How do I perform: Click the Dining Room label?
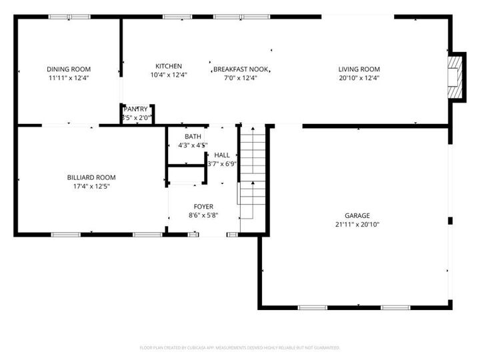pos(69,69)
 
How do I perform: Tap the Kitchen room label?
pos(169,66)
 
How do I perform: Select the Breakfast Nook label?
pos(241,69)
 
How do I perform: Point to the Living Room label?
pos(359,69)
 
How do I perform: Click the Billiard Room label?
pos(91,177)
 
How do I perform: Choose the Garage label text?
pos(357,215)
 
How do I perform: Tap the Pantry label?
pos(135,109)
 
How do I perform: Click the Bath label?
pos(193,136)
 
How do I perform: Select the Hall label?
pos(222,155)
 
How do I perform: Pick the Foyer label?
pos(203,206)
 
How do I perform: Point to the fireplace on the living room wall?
pos(455,76)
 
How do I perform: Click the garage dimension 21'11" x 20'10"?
pos(357,224)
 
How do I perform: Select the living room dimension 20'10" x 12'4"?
pos(359,78)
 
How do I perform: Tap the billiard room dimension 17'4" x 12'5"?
pos(91,186)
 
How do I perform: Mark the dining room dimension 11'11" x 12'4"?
pos(69,78)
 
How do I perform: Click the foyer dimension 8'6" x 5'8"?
pos(203,215)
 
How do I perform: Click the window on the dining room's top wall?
pos(69,17)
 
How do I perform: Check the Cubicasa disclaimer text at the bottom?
pos(240,347)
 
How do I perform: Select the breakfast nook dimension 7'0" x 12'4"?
pos(240,78)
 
